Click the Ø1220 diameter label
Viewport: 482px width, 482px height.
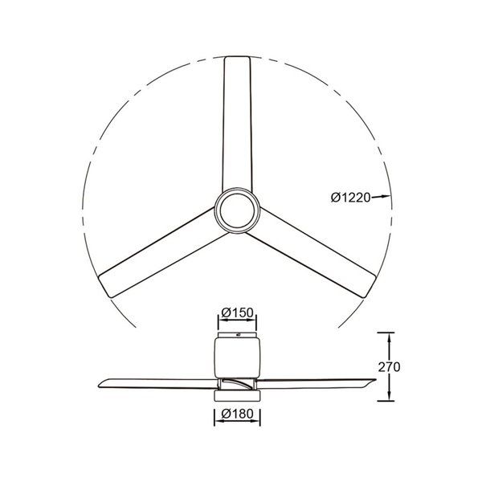pos(350,198)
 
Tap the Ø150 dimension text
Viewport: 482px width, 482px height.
pos(237,312)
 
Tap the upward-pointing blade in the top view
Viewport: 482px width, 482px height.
pos(238,129)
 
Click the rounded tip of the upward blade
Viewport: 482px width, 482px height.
pos(238,60)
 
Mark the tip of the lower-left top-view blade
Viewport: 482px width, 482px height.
pos(102,287)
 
